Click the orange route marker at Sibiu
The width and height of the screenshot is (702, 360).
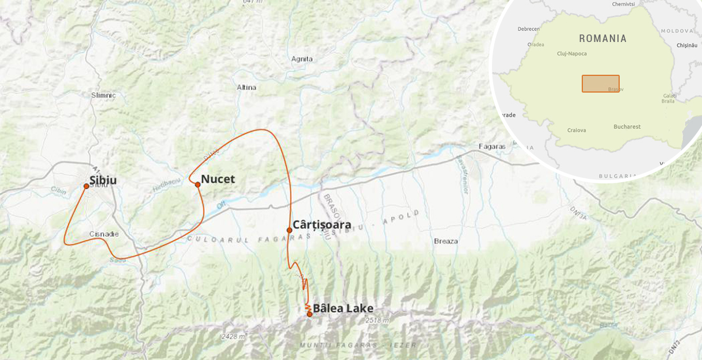tap(86, 186)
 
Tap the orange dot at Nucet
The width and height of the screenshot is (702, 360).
tap(197, 185)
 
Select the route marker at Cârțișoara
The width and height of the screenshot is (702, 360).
tap(289, 230)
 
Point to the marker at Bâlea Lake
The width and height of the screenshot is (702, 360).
tap(310, 314)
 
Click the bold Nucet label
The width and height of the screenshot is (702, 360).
tap(218, 179)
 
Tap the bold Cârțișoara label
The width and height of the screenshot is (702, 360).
tap(322, 224)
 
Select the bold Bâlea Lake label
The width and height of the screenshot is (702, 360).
tap(343, 308)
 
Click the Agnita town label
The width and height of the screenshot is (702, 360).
tap(302, 59)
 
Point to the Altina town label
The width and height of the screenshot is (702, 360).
tap(246, 87)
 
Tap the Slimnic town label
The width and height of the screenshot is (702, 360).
tap(104, 95)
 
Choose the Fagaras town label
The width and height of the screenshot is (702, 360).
tap(492, 147)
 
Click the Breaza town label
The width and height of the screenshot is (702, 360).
tap(446, 241)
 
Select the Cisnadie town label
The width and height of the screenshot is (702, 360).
tap(104, 234)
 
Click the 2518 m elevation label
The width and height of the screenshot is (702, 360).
tap(377, 320)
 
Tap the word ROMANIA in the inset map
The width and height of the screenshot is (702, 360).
tap(602, 39)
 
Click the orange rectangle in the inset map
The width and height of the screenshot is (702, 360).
tap(600, 83)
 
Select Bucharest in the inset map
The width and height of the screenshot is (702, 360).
tap(627, 127)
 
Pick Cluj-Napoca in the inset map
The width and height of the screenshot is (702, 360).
tap(572, 53)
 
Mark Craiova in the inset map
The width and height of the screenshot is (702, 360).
tap(577, 130)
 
